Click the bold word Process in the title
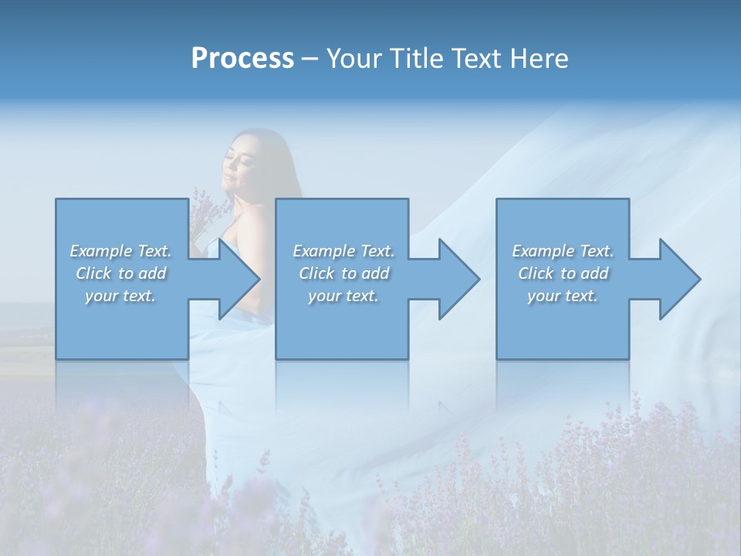tap(242, 59)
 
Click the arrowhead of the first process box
tap(235, 279)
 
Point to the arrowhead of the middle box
tap(456, 279)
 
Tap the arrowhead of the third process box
tap(678, 279)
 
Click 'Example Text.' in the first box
tap(121, 251)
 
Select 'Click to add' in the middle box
tap(344, 273)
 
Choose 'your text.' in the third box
tap(563, 296)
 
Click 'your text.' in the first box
tap(121, 296)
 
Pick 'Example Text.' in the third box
tap(563, 251)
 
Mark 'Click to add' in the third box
tap(563, 273)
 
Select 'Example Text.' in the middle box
tap(344, 251)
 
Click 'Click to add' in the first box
tap(121, 273)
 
